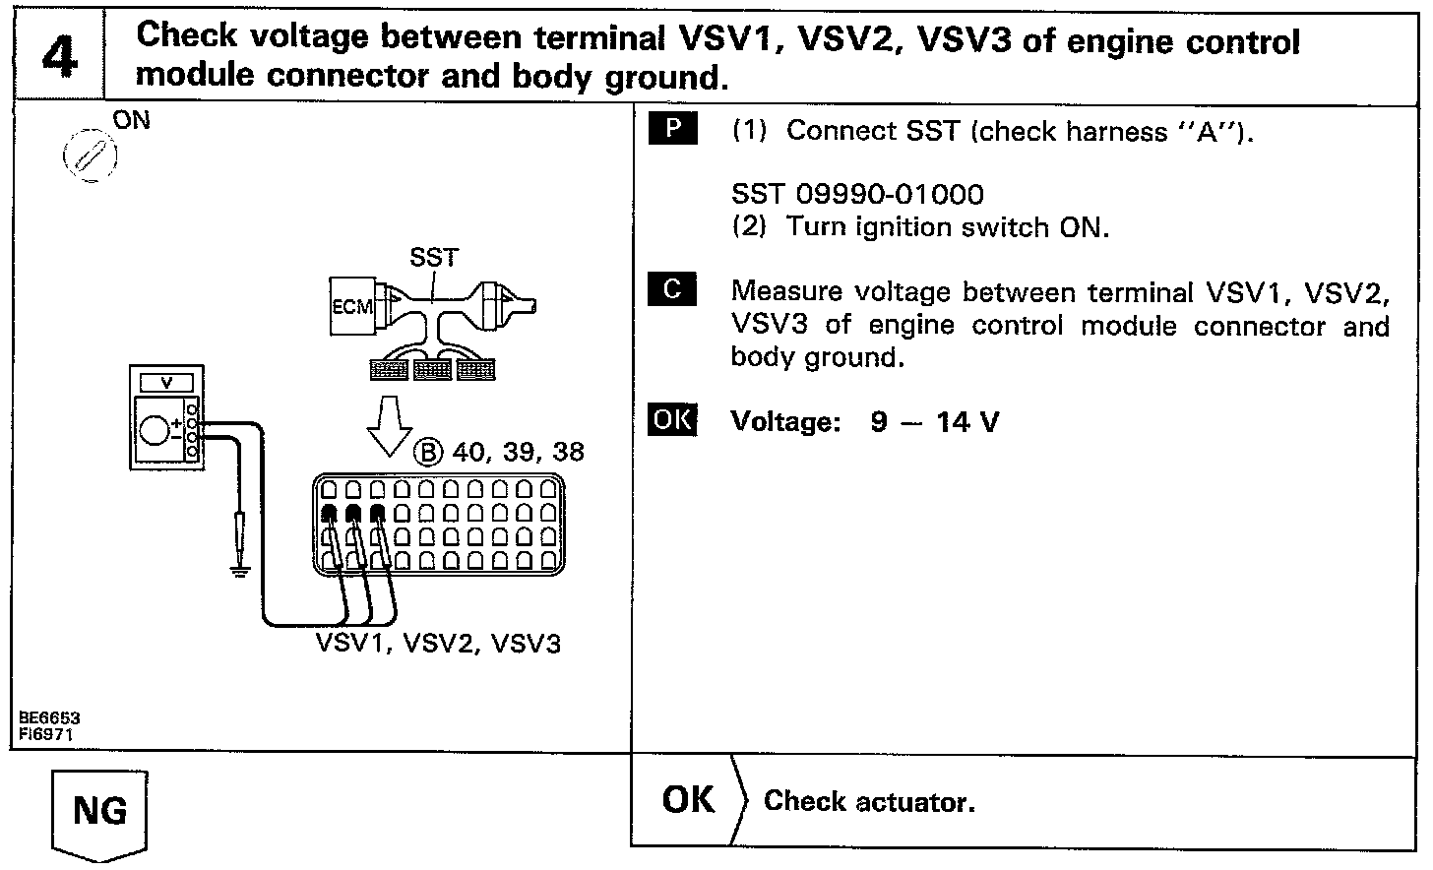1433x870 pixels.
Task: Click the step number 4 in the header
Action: point(59,56)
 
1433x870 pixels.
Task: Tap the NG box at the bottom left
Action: point(99,811)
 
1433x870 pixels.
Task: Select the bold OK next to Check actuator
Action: point(688,800)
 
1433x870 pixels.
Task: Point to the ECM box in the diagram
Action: point(351,306)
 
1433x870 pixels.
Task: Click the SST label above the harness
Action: point(433,258)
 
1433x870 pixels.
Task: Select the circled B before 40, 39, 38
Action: point(429,453)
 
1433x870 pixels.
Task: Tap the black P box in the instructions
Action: point(673,129)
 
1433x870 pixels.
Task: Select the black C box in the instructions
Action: point(673,288)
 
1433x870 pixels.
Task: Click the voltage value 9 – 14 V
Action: point(934,422)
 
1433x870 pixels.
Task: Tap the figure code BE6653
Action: point(48,718)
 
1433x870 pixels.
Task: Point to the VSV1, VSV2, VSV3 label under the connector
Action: point(438,644)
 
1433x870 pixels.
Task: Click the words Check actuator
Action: point(869,802)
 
